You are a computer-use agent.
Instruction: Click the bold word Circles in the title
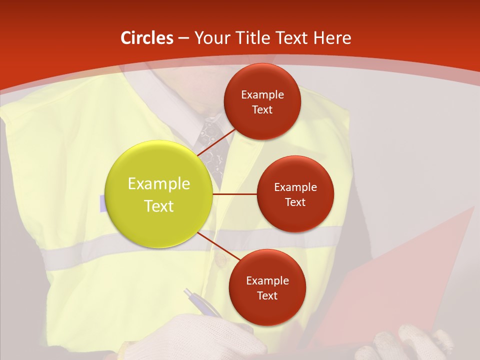click(146, 38)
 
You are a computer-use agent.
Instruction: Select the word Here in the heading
click(332, 38)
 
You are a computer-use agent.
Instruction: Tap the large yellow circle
click(159, 194)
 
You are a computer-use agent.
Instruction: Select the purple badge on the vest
click(102, 203)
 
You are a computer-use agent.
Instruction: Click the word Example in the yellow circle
click(159, 184)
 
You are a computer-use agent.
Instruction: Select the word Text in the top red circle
click(262, 110)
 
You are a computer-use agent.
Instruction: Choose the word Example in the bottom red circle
click(267, 281)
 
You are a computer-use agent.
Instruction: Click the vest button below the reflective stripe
click(218, 260)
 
